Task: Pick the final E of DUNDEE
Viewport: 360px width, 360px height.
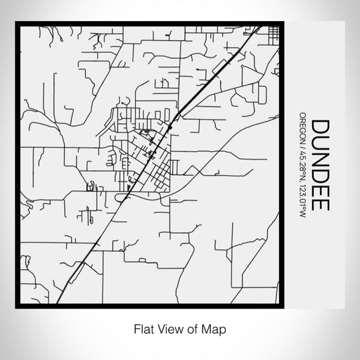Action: point(321,204)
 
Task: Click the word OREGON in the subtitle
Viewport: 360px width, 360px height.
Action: point(302,127)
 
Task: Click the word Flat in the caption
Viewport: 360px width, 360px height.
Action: point(142,328)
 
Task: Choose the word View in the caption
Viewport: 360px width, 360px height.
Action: point(167,328)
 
